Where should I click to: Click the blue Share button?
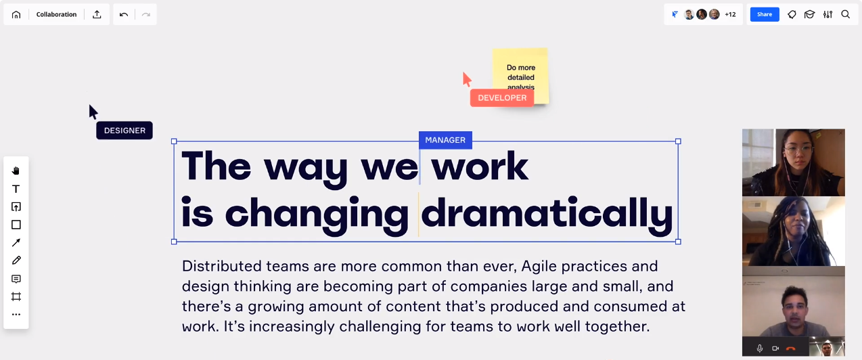point(765,15)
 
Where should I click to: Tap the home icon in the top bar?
point(16,15)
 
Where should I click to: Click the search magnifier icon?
point(846,15)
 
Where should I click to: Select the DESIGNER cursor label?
point(124,131)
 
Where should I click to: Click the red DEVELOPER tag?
point(502,98)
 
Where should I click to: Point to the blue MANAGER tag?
point(445,140)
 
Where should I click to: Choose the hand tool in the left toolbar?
point(16,171)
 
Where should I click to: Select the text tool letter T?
point(16,189)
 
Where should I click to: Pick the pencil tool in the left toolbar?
point(16,261)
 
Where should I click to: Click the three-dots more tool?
point(16,315)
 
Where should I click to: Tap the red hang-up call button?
point(791,348)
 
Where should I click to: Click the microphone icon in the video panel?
point(760,348)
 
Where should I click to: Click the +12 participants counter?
point(730,15)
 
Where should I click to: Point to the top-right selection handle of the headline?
point(678,141)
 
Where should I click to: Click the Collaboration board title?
point(56,15)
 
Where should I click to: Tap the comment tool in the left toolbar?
point(16,279)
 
